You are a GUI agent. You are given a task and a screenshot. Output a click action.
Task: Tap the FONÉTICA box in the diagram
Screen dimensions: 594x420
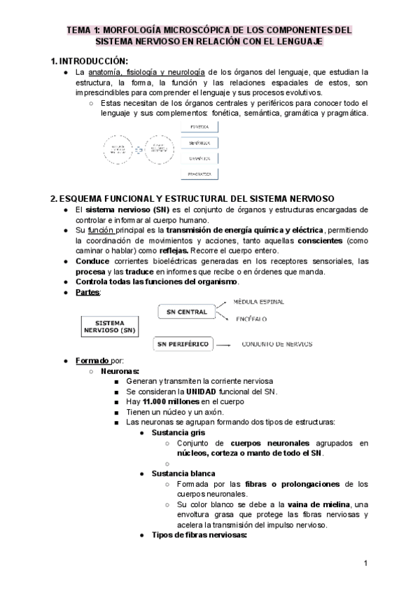tap(199, 127)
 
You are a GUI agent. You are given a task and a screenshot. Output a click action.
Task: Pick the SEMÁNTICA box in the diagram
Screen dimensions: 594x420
tap(199, 142)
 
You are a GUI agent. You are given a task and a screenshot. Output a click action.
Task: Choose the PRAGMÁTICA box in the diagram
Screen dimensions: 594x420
tap(199, 173)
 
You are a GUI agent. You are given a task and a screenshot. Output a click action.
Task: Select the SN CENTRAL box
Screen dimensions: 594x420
tap(183, 310)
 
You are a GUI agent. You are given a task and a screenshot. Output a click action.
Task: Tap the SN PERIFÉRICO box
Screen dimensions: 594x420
tap(183, 344)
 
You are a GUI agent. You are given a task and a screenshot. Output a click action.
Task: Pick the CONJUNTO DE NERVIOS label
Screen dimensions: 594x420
tap(277, 344)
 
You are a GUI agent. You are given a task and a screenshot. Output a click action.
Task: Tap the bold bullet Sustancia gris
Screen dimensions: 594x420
tap(178, 433)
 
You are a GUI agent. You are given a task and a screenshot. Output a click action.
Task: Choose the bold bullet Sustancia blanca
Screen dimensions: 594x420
tap(183, 474)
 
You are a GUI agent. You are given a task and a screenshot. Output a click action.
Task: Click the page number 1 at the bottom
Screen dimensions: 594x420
tap(366, 563)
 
